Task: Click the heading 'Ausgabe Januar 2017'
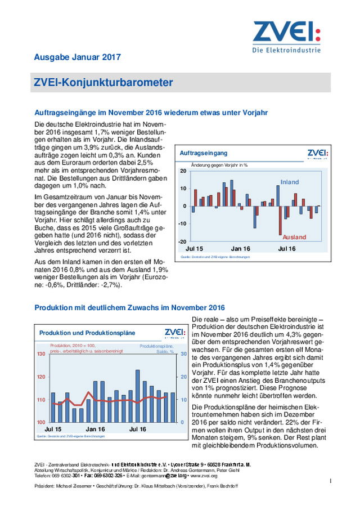pyautogui.click(x=77, y=57)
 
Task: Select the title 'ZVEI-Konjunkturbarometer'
pyautogui.click(x=104, y=83)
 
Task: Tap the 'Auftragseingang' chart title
pyautogui.click(x=204, y=153)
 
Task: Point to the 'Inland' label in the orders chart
pyautogui.click(x=290, y=182)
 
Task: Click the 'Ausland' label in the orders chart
pyautogui.click(x=294, y=237)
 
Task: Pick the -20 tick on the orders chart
pyautogui.click(x=182, y=241)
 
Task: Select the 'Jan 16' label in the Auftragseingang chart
pyautogui.click(x=241, y=248)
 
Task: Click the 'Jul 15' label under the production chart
pyautogui.click(x=49, y=429)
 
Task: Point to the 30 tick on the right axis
pyautogui.click(x=182, y=354)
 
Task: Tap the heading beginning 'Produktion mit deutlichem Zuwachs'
pyautogui.click(x=129, y=307)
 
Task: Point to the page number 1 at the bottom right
pyautogui.click(x=331, y=480)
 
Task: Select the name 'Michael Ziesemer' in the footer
pyautogui.click(x=74, y=486)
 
